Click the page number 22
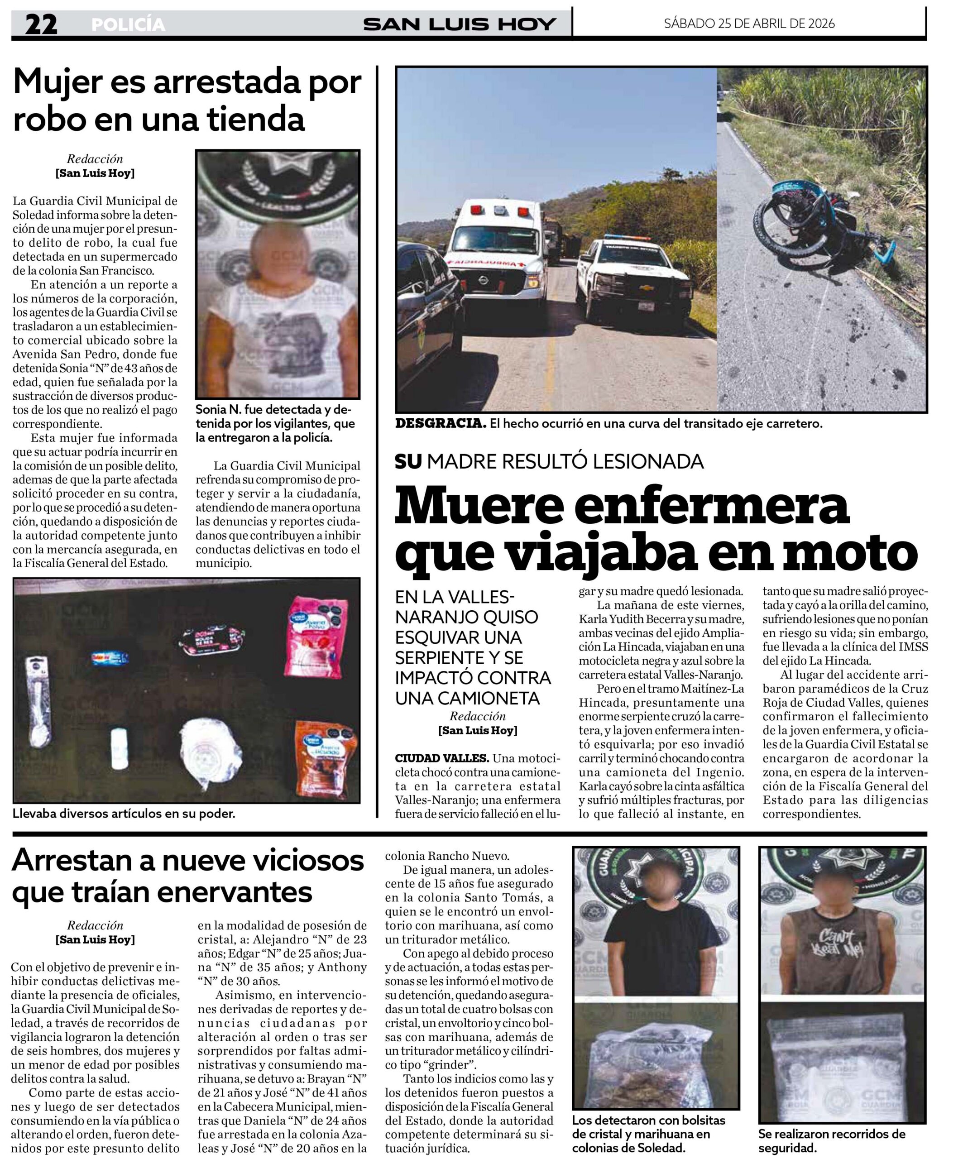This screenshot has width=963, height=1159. [x=41, y=25]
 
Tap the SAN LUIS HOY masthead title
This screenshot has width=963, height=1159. [x=459, y=24]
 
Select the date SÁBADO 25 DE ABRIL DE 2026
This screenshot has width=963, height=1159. [x=749, y=23]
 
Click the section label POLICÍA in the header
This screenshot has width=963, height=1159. [x=128, y=25]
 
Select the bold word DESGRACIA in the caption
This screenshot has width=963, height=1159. [x=441, y=424]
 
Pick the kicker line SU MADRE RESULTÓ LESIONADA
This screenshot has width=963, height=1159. [x=549, y=461]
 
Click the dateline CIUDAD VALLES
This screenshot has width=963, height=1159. [x=441, y=758]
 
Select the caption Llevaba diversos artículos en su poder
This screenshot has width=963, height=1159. [x=124, y=814]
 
